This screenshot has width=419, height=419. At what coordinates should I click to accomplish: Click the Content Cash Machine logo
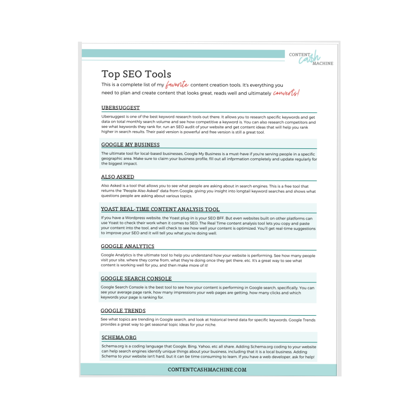click(311, 59)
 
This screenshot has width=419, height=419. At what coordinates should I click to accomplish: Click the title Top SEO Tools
click(136, 74)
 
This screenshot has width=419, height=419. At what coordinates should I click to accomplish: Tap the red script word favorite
click(177, 85)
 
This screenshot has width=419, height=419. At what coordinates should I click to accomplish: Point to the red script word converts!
click(286, 93)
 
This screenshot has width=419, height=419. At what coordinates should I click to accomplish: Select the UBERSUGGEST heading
click(121, 108)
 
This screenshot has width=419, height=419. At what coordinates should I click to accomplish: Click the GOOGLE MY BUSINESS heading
click(130, 145)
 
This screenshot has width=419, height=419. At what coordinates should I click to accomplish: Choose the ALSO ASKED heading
click(118, 177)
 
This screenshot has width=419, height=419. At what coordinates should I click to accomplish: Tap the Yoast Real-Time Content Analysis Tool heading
click(160, 209)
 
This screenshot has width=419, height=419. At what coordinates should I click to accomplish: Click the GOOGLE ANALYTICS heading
click(128, 246)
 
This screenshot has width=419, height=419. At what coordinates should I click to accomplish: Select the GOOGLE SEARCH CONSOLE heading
click(136, 279)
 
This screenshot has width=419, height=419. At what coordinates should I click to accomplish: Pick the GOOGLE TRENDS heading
click(123, 311)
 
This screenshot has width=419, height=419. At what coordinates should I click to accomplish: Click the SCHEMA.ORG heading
click(119, 338)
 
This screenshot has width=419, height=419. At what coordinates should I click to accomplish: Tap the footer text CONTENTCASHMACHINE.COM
click(207, 370)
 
